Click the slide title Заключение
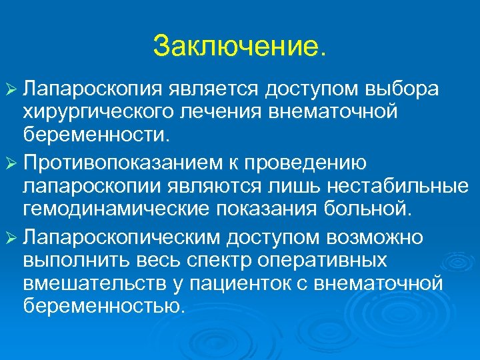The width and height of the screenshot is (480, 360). click(x=240, y=47)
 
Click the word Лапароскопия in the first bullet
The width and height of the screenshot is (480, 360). click(x=90, y=89)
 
